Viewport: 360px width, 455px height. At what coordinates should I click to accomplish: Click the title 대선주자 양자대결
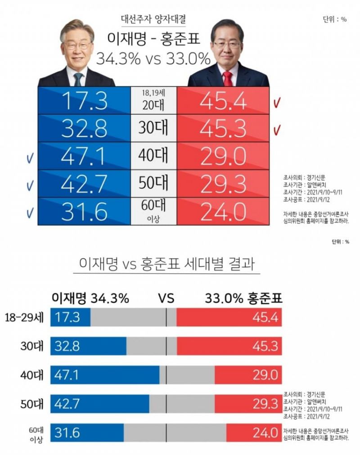pyautogui.click(x=153, y=19)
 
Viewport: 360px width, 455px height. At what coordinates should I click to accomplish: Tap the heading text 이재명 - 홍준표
pyautogui.click(x=153, y=39)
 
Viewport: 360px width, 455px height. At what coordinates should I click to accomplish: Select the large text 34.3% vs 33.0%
pyautogui.click(x=153, y=58)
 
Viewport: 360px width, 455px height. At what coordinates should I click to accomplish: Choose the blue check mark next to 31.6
pyautogui.click(x=30, y=212)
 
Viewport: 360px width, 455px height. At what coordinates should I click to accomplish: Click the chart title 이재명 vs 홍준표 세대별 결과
pyautogui.click(x=166, y=263)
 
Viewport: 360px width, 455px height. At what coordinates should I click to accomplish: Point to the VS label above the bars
pyautogui.click(x=166, y=298)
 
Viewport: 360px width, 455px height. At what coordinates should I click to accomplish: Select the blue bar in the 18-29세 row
pyautogui.click(x=71, y=317)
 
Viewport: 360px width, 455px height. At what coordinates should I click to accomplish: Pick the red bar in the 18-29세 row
pyautogui.click(x=229, y=317)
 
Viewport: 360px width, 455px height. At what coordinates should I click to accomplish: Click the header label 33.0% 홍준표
pyautogui.click(x=243, y=298)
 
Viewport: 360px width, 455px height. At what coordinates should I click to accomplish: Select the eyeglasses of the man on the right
pyautogui.click(x=227, y=45)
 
